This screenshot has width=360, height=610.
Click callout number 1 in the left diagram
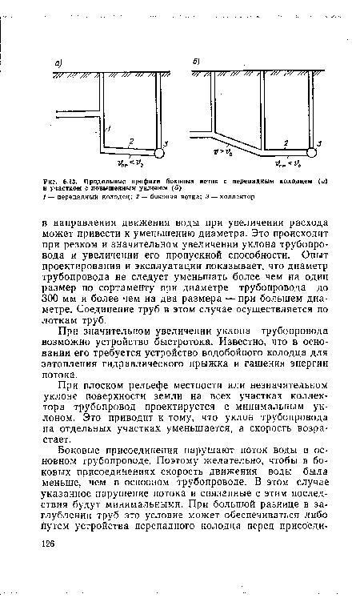click(x=108, y=128)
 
